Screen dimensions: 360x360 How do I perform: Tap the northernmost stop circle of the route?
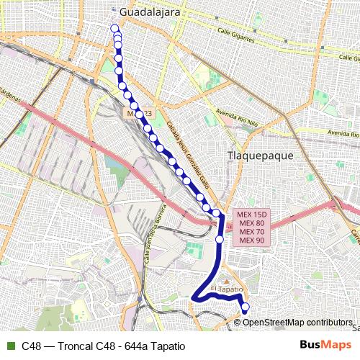point(114,28)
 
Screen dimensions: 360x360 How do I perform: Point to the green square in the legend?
point(9,346)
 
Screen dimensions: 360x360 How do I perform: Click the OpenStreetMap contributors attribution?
point(296,322)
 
